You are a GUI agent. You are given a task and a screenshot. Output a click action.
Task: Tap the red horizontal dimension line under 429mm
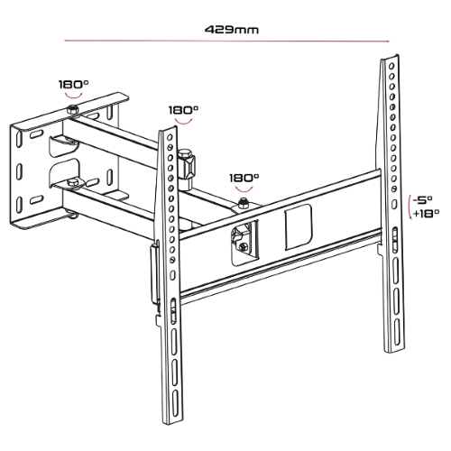tap(225, 41)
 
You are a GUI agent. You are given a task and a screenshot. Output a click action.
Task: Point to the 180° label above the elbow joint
tap(184, 109)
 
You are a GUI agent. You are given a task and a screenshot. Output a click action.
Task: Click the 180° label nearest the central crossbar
tap(244, 179)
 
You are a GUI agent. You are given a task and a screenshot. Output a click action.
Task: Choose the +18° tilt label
tap(424, 214)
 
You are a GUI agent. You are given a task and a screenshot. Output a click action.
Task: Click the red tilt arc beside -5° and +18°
tap(410, 207)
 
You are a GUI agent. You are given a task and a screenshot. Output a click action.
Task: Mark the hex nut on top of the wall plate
tap(72, 110)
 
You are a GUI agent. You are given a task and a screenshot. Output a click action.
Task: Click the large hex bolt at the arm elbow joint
tap(187, 163)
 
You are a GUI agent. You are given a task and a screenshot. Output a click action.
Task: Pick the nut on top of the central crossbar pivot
tap(242, 207)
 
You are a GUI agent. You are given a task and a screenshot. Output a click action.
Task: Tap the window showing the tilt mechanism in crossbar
tap(242, 242)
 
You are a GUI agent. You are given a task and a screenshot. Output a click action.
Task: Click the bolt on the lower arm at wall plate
tap(69, 213)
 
